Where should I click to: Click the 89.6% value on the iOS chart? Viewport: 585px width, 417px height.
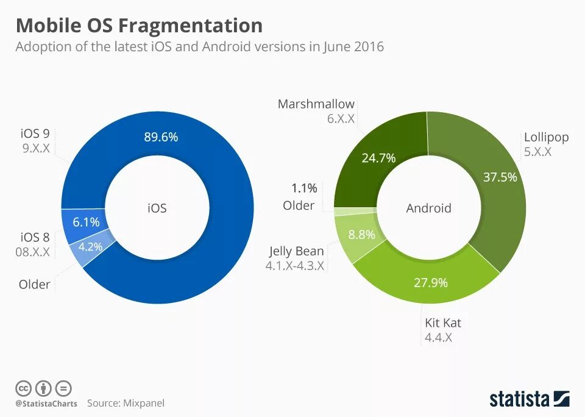pyautogui.click(x=161, y=137)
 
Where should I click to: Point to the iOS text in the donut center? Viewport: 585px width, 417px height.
pyautogui.click(x=157, y=208)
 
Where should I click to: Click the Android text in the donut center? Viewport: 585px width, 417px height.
pyautogui.click(x=428, y=208)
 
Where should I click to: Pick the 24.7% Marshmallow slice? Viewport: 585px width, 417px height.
pyautogui.click(x=378, y=158)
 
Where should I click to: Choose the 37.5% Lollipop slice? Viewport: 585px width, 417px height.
pyautogui.click(x=500, y=177)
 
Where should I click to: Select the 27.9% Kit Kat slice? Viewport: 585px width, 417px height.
pyautogui.click(x=430, y=282)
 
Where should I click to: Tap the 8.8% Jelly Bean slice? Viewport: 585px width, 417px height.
pyautogui.click(x=361, y=234)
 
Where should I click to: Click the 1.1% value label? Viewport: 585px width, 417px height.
pyautogui.click(x=304, y=188)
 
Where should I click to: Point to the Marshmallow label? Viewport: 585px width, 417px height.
pyautogui.click(x=316, y=104)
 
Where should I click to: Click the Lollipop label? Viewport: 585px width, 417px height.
pyautogui.click(x=546, y=137)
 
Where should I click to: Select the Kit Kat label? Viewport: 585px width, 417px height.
pyautogui.click(x=443, y=323)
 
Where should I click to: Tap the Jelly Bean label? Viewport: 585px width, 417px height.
pyautogui.click(x=297, y=251)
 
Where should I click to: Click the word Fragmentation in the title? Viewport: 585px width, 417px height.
pyautogui.click(x=191, y=26)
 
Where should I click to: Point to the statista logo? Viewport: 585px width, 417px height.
pyautogui.click(x=529, y=399)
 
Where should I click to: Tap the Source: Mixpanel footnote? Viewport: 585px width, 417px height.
pyautogui.click(x=126, y=403)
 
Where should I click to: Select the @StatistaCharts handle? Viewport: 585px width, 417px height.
pyautogui.click(x=46, y=404)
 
